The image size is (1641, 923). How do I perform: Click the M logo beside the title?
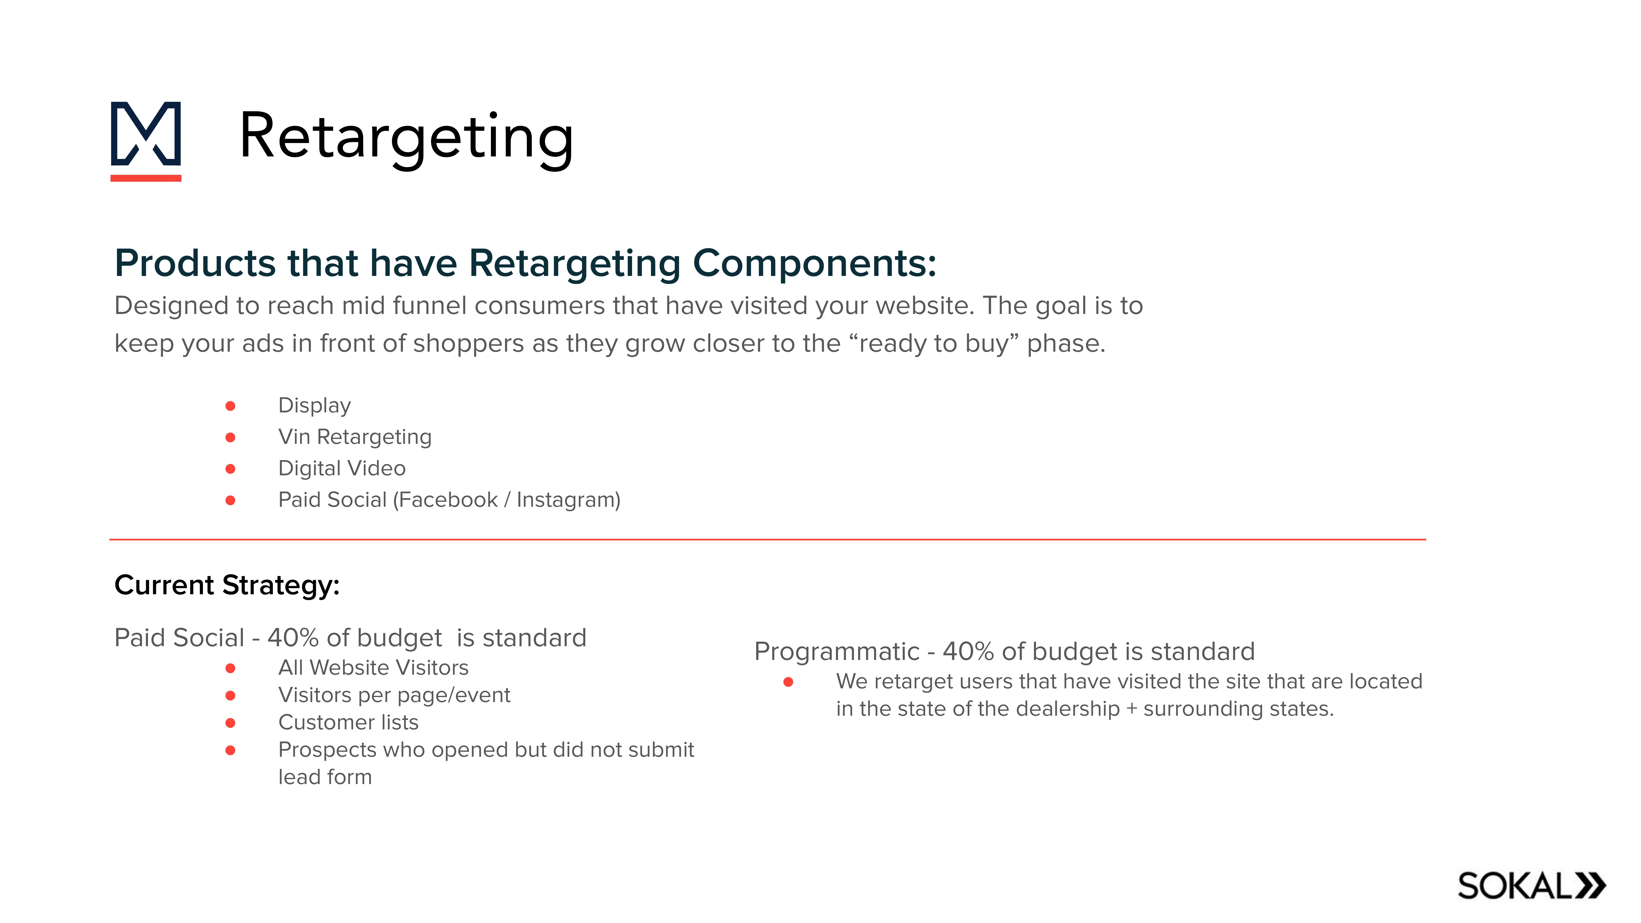point(146,140)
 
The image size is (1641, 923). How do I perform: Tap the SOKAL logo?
point(1531,886)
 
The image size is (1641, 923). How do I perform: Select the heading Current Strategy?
point(227,585)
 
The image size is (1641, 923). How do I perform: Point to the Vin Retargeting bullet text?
point(355,437)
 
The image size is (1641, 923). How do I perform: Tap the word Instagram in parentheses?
point(566,500)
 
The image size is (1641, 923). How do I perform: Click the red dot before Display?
point(231,406)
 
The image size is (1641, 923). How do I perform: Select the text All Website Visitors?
point(373,668)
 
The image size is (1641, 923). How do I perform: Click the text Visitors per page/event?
point(394,695)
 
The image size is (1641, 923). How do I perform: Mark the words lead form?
point(325,777)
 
